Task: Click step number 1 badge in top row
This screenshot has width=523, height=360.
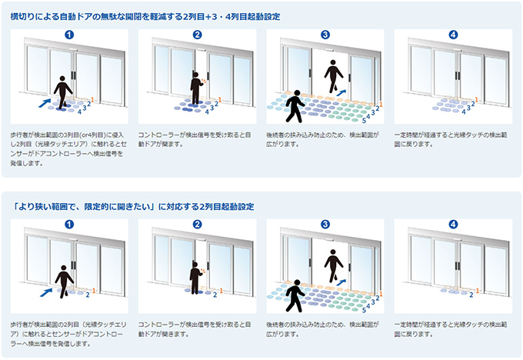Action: (x=69, y=35)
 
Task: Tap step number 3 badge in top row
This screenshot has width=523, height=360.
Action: (x=325, y=35)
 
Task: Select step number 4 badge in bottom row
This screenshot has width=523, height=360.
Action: (x=453, y=224)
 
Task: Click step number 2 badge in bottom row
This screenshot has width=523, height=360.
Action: (x=197, y=224)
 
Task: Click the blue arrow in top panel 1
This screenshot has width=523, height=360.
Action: (x=45, y=103)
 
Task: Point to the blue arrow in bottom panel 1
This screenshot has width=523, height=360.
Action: (x=46, y=292)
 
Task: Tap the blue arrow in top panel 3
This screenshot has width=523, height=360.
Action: (x=341, y=92)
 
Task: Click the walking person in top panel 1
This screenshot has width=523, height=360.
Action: (x=62, y=93)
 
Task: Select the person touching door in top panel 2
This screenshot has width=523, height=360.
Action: (x=196, y=88)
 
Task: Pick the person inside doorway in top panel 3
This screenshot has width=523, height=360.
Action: (x=333, y=76)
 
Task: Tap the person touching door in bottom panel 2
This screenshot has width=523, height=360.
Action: (x=195, y=278)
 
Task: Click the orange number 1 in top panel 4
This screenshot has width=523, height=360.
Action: (x=476, y=100)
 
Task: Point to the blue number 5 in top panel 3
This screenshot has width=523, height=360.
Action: (x=364, y=120)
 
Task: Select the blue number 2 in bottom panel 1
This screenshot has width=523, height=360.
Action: (x=88, y=295)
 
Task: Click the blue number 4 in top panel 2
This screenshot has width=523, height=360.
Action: (x=207, y=112)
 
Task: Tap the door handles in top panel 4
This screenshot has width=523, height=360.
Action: (x=458, y=75)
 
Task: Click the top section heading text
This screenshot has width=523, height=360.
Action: (x=145, y=16)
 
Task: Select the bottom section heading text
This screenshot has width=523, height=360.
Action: (x=132, y=206)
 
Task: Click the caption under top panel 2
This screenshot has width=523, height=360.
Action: (x=195, y=139)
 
